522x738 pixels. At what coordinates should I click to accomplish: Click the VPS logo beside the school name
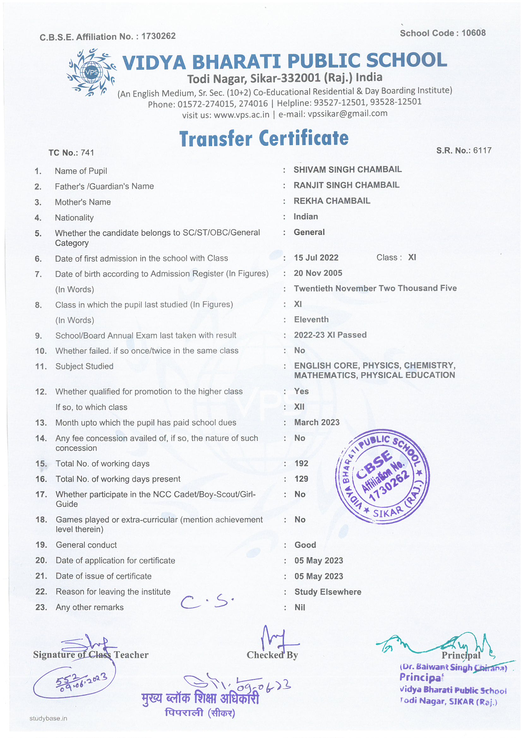92,72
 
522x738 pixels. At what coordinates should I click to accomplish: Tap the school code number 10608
473,33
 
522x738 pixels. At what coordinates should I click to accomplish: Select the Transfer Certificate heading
264,139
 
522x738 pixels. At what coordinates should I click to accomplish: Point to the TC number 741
87,153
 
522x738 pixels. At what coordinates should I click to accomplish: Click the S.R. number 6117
482,151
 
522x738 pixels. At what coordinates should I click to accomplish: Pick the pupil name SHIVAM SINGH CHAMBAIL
347,170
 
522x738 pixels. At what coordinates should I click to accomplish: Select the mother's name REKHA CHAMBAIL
332,201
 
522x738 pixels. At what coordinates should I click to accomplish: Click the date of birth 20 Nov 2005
318,273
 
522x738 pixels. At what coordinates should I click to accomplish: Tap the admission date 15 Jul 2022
316,258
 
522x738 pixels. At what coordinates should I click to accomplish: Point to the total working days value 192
301,463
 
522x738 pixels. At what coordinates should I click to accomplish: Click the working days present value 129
301,479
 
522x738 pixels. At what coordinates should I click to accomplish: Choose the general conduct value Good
305,545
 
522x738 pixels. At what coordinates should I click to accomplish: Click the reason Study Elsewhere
328,592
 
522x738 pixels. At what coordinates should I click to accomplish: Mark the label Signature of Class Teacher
91,655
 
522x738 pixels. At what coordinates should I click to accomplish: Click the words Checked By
272,655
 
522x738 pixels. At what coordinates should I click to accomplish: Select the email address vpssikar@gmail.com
347,114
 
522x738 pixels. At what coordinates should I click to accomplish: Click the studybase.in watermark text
48,718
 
